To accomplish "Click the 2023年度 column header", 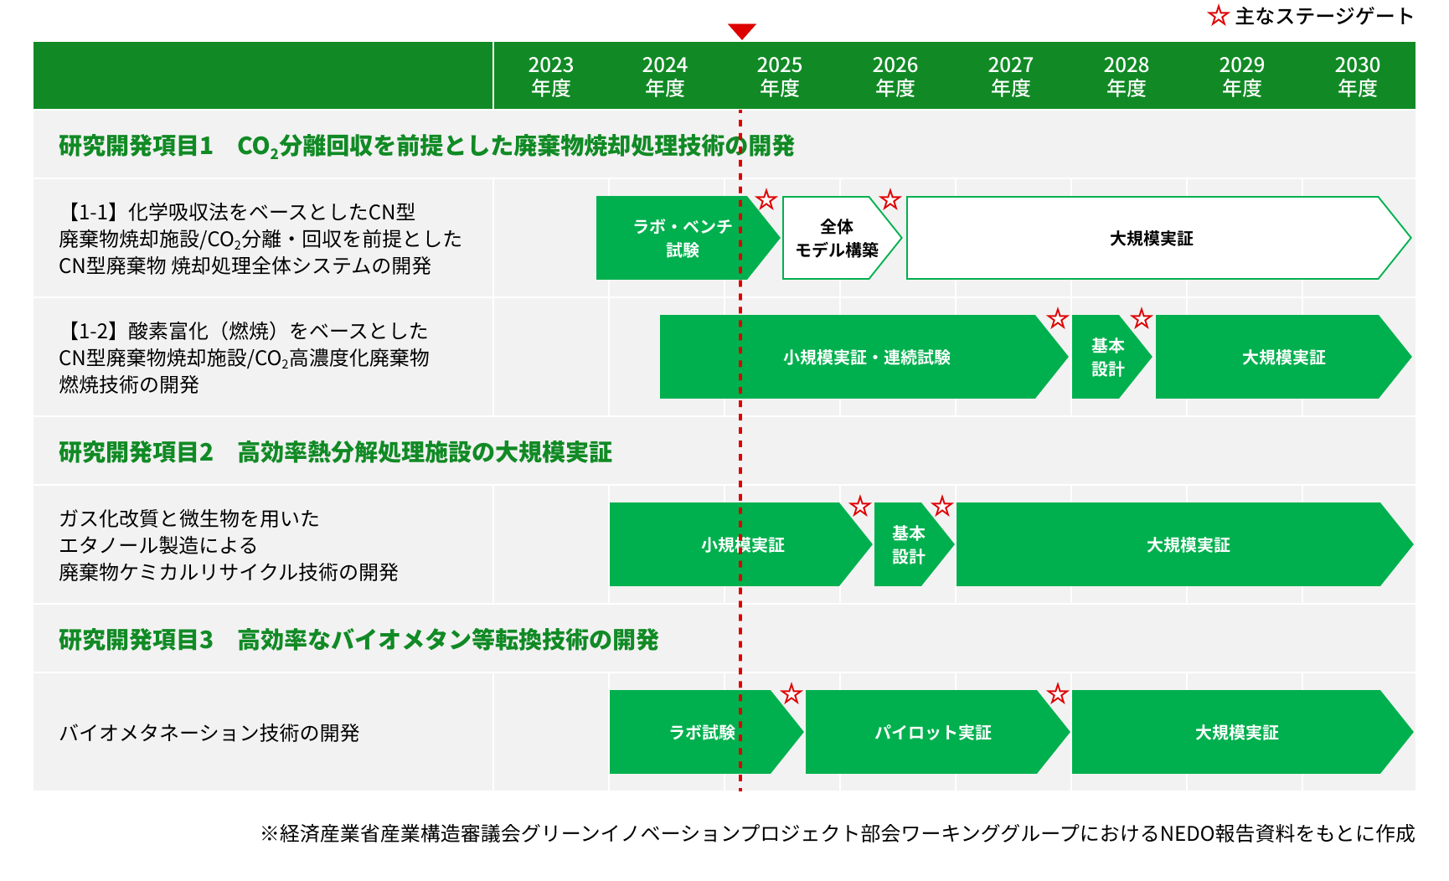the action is pos(551,76).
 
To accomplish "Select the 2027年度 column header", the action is pos(1010,76).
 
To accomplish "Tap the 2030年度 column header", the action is pos(1357,76).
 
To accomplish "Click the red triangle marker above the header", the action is pos(742,31).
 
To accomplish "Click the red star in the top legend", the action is pos(1218,15).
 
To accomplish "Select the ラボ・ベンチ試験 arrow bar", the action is pos(688,238).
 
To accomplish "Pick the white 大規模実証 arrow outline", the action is pos(1158,198).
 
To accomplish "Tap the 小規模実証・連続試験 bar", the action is pos(864,357).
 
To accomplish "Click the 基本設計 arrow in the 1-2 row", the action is pos(1111,357).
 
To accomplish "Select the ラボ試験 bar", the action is pos(706,732).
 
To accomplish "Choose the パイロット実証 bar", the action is pos(937,732).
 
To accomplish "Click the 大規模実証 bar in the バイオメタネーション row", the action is pos(1242,732).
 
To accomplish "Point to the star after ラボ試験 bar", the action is pos(792,693).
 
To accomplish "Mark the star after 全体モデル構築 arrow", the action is pos(890,199).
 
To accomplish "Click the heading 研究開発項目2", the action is pos(136,452).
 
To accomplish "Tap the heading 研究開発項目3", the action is pos(136,640).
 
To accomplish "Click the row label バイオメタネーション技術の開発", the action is pos(209,733).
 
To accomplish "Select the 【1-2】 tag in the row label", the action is pos(93,331).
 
